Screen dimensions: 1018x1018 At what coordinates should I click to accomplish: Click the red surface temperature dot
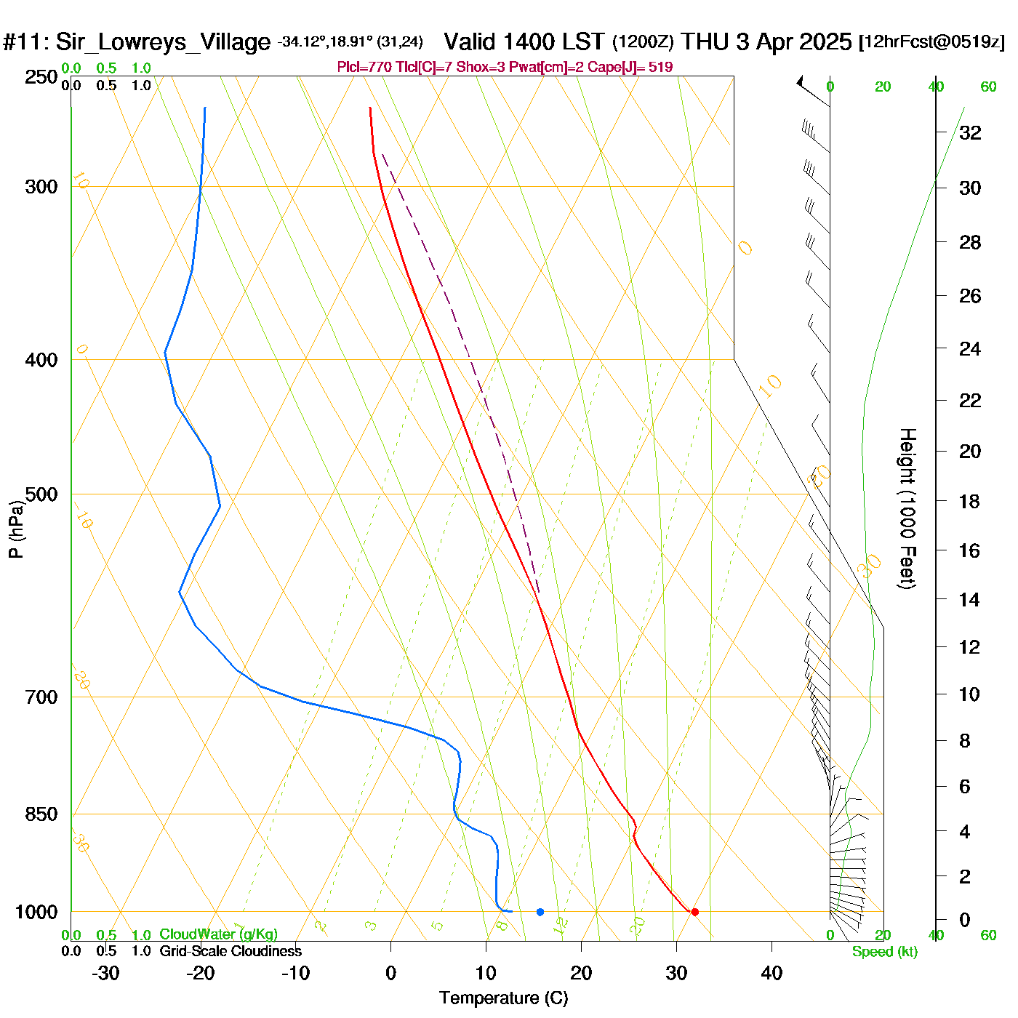pyautogui.click(x=694, y=912)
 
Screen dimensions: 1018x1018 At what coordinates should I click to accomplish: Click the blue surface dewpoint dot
pyautogui.click(x=540, y=912)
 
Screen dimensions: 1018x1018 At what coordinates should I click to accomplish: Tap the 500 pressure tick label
pyautogui.click(x=41, y=494)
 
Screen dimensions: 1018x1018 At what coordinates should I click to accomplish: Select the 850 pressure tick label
pyautogui.click(x=41, y=814)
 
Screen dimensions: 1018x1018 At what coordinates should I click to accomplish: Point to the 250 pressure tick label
pyautogui.click(x=41, y=77)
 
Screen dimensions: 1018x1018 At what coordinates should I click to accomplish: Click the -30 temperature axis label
pyautogui.click(x=105, y=973)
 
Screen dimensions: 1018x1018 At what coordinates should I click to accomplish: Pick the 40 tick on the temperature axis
pyautogui.click(x=771, y=973)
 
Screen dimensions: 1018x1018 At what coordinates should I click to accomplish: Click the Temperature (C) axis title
pyautogui.click(x=503, y=998)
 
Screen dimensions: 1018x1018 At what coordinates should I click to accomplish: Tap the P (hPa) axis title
pyautogui.click(x=16, y=529)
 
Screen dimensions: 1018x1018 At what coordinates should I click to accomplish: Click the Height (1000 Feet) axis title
pyautogui.click(x=907, y=508)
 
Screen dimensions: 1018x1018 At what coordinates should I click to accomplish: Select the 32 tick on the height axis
pyautogui.click(x=970, y=132)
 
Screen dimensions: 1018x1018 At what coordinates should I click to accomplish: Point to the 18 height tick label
pyautogui.click(x=970, y=501)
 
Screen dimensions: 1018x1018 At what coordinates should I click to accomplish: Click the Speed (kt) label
pyautogui.click(x=885, y=952)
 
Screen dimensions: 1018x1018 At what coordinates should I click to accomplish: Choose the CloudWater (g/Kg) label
pyautogui.click(x=218, y=934)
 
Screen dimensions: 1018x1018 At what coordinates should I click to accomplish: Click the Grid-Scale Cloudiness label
pyautogui.click(x=231, y=951)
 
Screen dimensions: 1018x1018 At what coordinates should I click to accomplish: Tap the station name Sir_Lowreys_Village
pyautogui.click(x=163, y=41)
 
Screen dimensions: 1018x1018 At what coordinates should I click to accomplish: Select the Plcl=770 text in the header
pyautogui.click(x=364, y=68)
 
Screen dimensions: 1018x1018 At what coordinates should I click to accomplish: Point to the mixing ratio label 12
pyautogui.click(x=560, y=926)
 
